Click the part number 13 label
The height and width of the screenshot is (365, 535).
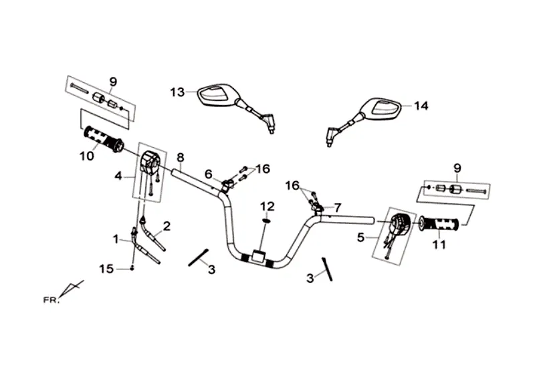point(177,92)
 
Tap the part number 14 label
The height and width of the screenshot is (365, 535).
point(421,106)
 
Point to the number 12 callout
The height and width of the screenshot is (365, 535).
point(267,207)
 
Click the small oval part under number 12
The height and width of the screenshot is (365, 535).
point(267,221)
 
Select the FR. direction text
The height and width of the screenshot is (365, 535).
point(51,301)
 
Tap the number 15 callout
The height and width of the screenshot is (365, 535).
point(106,269)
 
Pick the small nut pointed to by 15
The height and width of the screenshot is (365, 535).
point(132,269)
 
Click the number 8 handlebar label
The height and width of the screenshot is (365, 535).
point(181,157)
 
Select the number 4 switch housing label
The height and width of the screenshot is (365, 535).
point(118,176)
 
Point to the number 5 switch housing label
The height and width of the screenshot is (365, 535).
point(360,237)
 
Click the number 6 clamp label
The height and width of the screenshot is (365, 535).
point(209,174)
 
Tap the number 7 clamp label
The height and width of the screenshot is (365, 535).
point(337,207)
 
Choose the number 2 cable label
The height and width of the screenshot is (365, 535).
point(167,226)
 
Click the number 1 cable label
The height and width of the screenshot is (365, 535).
point(116,239)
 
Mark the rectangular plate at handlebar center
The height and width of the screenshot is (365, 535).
point(259,256)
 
